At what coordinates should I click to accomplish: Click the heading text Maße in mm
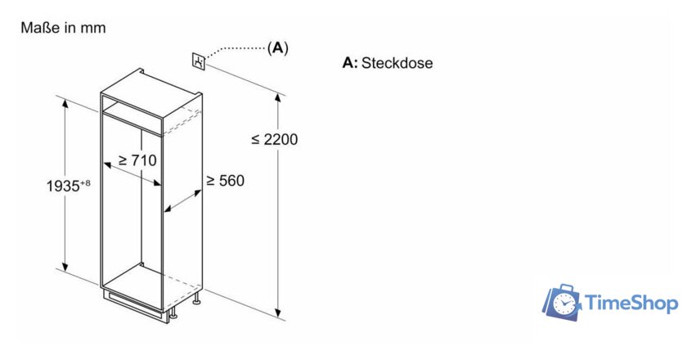63,28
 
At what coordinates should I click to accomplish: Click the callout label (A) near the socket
278,48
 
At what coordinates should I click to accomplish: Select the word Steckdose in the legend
397,63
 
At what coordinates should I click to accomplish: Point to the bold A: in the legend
350,63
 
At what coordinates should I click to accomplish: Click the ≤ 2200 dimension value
275,139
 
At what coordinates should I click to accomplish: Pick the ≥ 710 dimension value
137,160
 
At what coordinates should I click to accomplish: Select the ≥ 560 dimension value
225,180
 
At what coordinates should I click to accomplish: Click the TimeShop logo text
631,304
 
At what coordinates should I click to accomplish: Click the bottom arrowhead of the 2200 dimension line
279,313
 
